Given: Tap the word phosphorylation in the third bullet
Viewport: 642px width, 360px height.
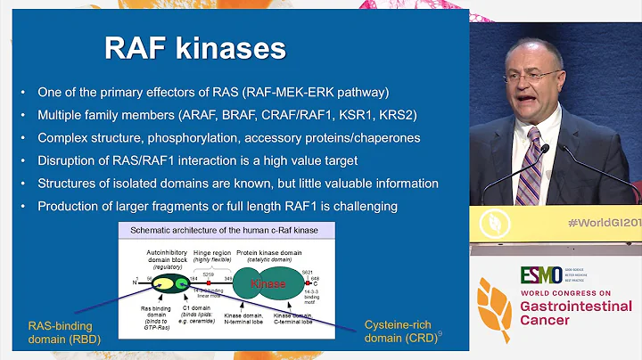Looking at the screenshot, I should click(x=209, y=138).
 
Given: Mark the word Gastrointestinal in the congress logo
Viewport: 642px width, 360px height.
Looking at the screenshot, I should click(x=576, y=307).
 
